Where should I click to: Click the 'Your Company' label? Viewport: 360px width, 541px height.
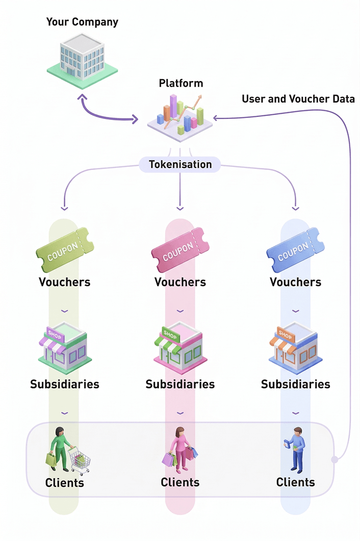[x=82, y=22]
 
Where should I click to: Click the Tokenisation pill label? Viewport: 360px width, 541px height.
[x=180, y=164]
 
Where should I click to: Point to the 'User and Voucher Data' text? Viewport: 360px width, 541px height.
[x=298, y=99]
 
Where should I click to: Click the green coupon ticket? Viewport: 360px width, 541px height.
[x=64, y=250]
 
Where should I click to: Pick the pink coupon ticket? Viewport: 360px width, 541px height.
[x=180, y=250]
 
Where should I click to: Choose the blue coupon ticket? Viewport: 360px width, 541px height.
[x=295, y=250]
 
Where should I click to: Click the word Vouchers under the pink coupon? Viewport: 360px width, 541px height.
[x=180, y=282]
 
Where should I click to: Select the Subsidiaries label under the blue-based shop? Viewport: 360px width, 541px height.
[x=295, y=384]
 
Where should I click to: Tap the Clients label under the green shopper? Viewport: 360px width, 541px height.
[x=64, y=482]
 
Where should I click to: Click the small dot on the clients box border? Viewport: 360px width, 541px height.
[x=334, y=459]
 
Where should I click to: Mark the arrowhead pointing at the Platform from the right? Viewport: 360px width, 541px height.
[x=216, y=118]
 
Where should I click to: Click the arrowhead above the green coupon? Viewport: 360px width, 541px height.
[x=64, y=208]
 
